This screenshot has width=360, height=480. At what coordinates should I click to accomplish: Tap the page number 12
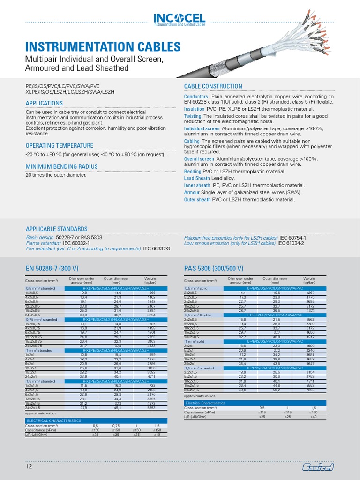pyautogui.click(x=29, y=467)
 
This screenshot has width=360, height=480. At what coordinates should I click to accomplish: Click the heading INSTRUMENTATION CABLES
pyautogui.click(x=102, y=47)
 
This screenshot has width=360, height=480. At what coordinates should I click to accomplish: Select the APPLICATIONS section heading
pyautogui.click(x=44, y=103)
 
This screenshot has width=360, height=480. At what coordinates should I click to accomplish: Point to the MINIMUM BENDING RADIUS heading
pyautogui.click(x=61, y=166)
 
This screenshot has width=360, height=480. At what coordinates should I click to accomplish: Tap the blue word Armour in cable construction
pyautogui.click(x=192, y=192)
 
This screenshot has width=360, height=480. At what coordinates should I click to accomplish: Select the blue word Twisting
pyautogui.click(x=193, y=116)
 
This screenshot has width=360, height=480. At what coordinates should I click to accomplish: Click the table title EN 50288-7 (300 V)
pyautogui.click(x=60, y=268)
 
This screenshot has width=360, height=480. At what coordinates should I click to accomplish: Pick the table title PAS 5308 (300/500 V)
pyautogui.click(x=214, y=268)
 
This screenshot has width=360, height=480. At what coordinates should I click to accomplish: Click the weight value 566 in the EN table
pyautogui.click(x=152, y=292)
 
